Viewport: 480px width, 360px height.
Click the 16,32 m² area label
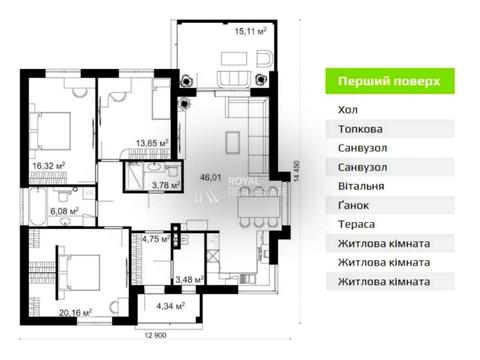click(48, 166)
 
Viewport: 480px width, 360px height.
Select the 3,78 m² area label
click(165, 184)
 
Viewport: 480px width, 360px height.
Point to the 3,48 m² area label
click(188, 279)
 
